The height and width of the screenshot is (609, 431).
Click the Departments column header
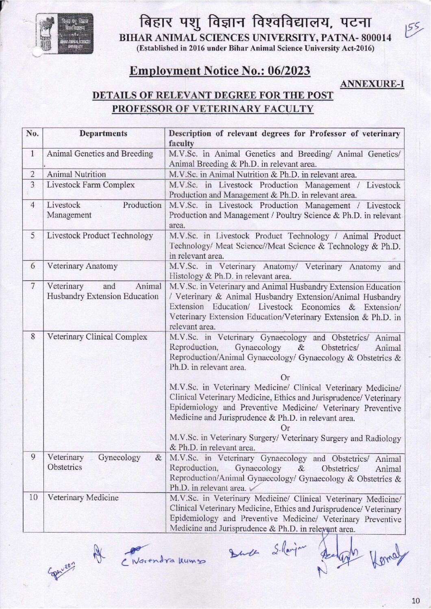point(103,133)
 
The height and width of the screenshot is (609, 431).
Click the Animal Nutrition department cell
point(76,174)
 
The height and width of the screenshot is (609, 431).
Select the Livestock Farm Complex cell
point(91,185)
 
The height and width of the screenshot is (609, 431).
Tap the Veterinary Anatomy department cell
point(82,266)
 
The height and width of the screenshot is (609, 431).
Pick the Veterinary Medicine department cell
point(83,497)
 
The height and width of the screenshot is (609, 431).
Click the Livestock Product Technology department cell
point(100,236)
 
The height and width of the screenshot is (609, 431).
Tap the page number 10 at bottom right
point(415,600)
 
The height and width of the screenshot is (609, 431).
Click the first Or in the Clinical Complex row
point(285,378)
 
